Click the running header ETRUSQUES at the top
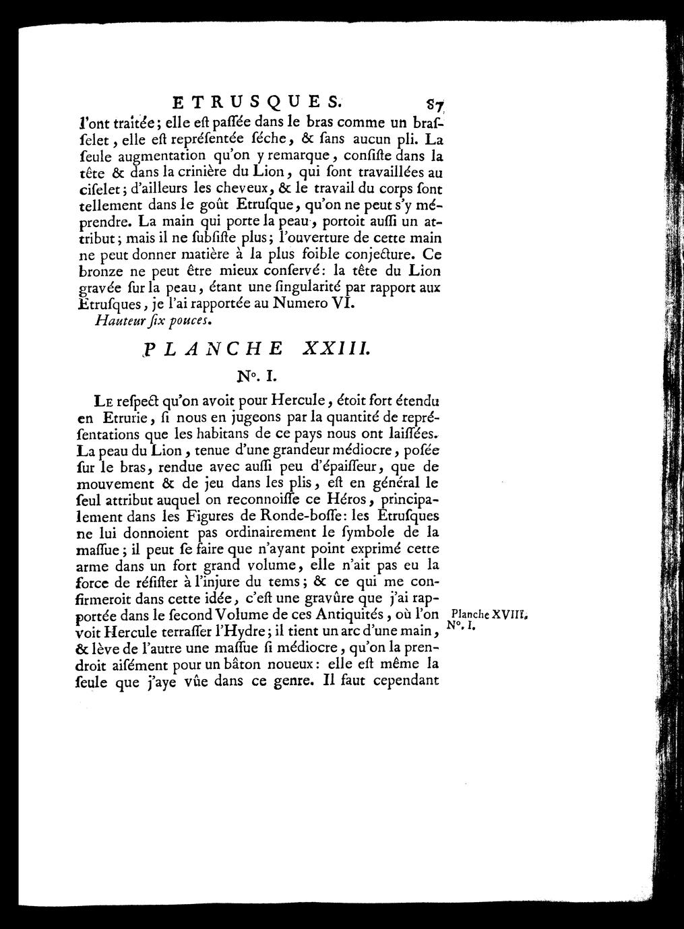257,103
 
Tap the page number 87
427,104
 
